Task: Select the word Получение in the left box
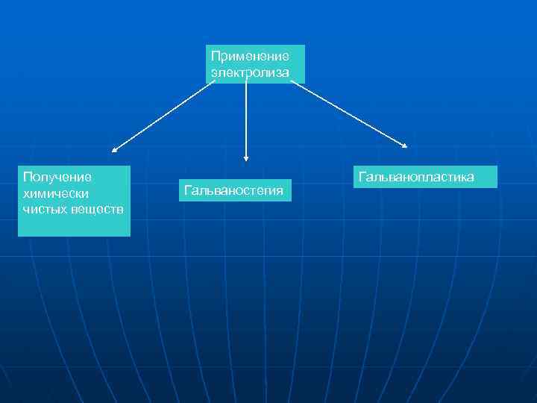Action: pyautogui.click(x=57, y=177)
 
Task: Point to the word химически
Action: pyautogui.click(x=56, y=193)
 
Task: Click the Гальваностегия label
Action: pyautogui.click(x=233, y=191)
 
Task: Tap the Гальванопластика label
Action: pyautogui.click(x=416, y=177)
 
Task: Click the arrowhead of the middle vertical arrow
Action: pyautogui.click(x=245, y=157)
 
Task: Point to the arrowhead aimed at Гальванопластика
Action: pyautogui.click(x=404, y=145)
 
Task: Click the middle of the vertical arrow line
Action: pyautogui.click(x=245, y=119)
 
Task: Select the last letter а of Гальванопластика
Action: pyautogui.click(x=470, y=177)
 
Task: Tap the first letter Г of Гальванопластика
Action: pyautogui.click(x=362, y=177)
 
